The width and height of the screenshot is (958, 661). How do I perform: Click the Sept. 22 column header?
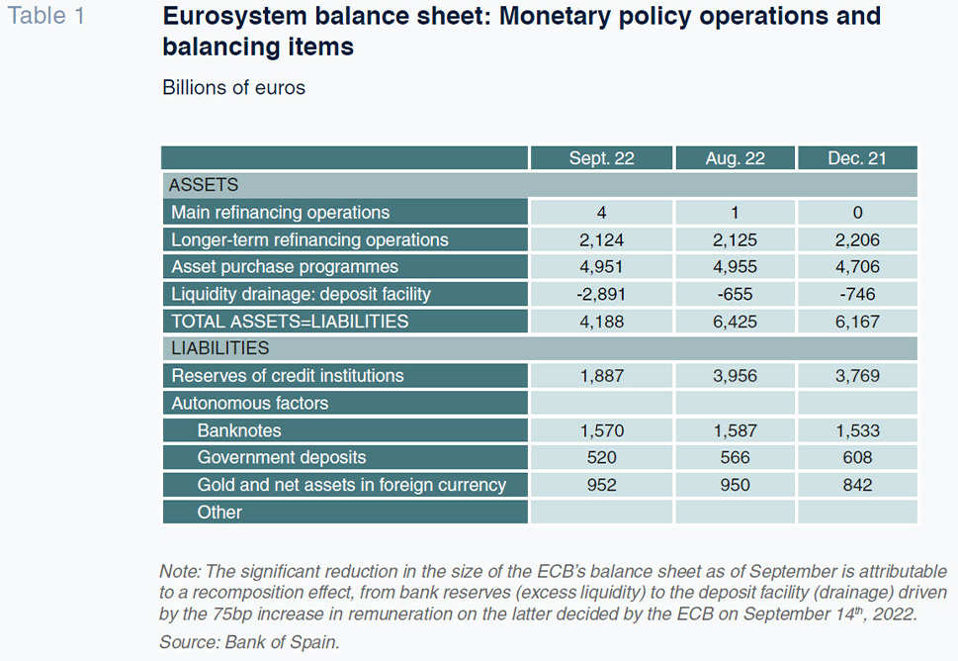[x=601, y=158]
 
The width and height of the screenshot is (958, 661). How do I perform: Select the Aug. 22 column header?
[x=735, y=158]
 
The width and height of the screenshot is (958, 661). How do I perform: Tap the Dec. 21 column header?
[x=856, y=158]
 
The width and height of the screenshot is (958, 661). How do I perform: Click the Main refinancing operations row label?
[x=281, y=212]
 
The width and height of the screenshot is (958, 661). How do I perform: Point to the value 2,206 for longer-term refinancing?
[x=857, y=239]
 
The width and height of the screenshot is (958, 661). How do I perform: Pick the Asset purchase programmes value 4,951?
[x=601, y=267]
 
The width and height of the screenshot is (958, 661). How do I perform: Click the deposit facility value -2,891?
[x=601, y=294]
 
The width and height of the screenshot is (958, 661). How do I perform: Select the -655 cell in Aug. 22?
[x=735, y=294]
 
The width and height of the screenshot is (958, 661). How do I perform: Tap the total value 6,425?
[x=735, y=322]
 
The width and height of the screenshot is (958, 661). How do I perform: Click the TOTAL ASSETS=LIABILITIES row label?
[x=290, y=322]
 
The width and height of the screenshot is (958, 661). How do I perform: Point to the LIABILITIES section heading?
[x=219, y=348]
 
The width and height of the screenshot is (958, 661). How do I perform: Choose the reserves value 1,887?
[x=602, y=375]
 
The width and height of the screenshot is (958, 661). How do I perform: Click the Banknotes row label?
[x=239, y=430]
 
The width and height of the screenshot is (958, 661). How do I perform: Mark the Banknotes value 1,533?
[x=858, y=431]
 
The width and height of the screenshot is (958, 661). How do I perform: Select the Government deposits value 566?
[x=735, y=457]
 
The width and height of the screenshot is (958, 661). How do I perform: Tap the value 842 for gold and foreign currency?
[x=857, y=485]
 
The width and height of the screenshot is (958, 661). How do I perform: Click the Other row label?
[x=219, y=512]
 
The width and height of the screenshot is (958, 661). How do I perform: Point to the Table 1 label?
[x=45, y=15]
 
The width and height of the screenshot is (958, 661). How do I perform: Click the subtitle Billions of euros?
[x=233, y=87]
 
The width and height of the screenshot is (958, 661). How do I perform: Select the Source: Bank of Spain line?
[x=249, y=642]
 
